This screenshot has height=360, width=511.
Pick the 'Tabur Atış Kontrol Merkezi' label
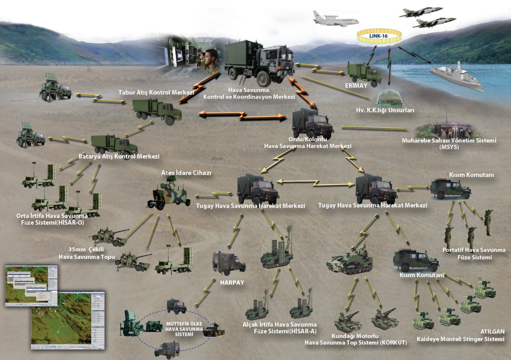[156, 92]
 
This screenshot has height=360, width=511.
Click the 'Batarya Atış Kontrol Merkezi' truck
[114, 144]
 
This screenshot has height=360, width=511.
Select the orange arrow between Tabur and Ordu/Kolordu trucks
[242, 116]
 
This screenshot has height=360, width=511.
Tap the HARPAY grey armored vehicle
[229, 262]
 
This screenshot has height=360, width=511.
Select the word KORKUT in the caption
[393, 343]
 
